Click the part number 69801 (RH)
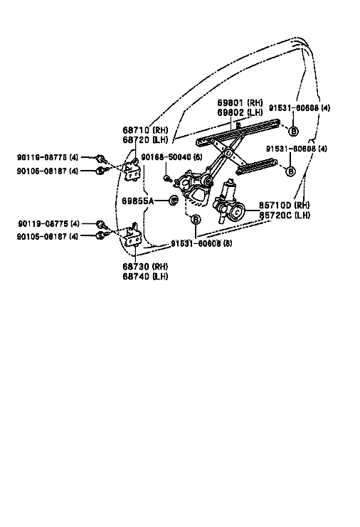240,102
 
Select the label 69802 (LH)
240,112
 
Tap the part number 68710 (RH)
145,130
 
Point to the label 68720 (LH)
145,140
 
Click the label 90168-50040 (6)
171,157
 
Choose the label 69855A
137,201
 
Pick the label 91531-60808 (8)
201,243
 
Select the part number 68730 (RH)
145,267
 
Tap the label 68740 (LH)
145,276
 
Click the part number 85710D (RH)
284,205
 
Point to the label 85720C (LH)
284,215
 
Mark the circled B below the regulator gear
195,220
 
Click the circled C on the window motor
237,212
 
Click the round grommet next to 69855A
174,201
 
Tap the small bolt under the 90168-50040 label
166,178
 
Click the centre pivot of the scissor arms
228,153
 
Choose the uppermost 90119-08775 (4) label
48,157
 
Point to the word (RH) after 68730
160,267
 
